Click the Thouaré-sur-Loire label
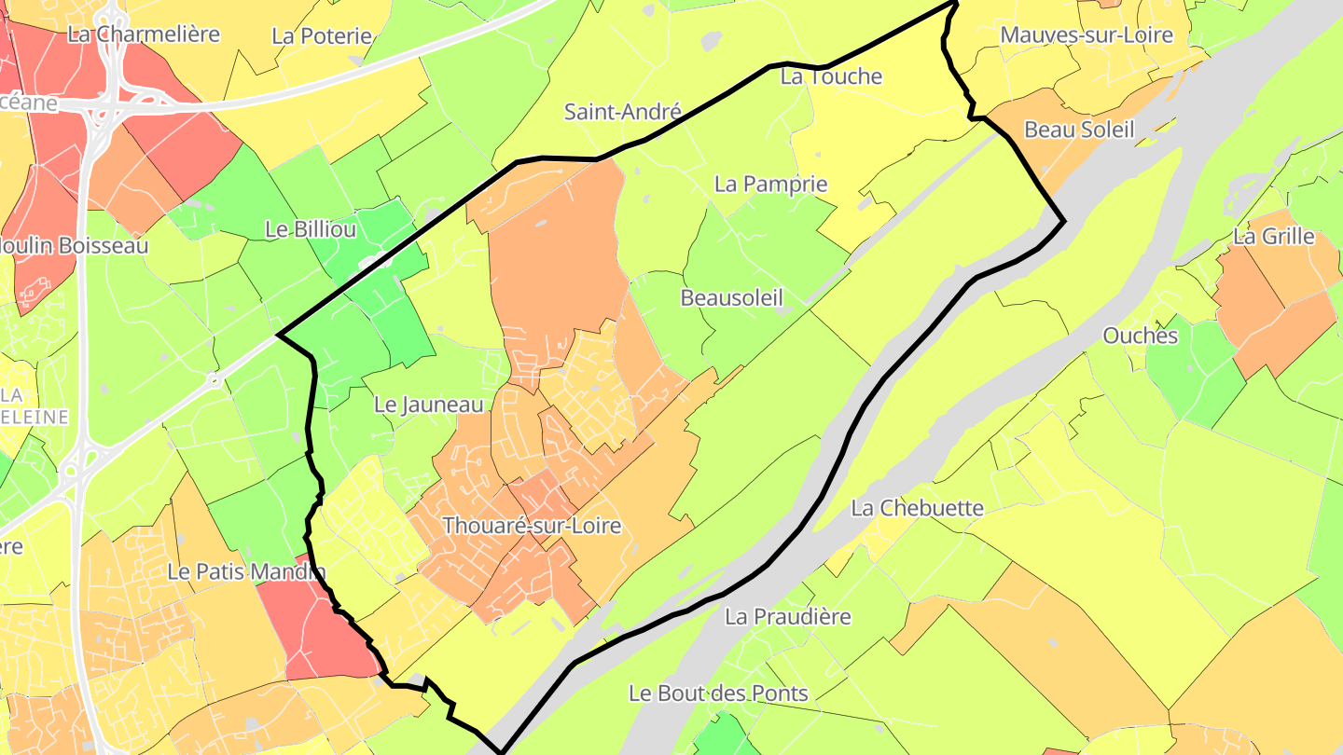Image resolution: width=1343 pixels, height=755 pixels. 532,526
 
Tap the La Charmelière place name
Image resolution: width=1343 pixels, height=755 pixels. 144,34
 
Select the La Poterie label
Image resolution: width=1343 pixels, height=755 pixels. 322,36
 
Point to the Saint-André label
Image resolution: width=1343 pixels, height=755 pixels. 623,112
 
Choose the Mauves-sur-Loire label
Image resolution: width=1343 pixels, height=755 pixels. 1087,35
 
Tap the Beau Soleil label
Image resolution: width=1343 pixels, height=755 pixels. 1079,130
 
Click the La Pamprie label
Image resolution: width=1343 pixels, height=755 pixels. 770,184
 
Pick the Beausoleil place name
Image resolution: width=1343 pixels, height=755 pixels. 731,297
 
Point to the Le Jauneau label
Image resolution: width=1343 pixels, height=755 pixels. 429,405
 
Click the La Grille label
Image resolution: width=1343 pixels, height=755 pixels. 1273,237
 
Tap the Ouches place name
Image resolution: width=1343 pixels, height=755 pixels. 1141,336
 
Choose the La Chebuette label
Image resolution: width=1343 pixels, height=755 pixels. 918,508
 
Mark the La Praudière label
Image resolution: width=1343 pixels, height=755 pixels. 788,616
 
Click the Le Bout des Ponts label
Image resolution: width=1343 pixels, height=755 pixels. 718,693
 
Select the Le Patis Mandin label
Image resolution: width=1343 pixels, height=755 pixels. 246,571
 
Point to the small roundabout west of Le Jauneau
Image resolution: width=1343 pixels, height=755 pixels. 214,379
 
